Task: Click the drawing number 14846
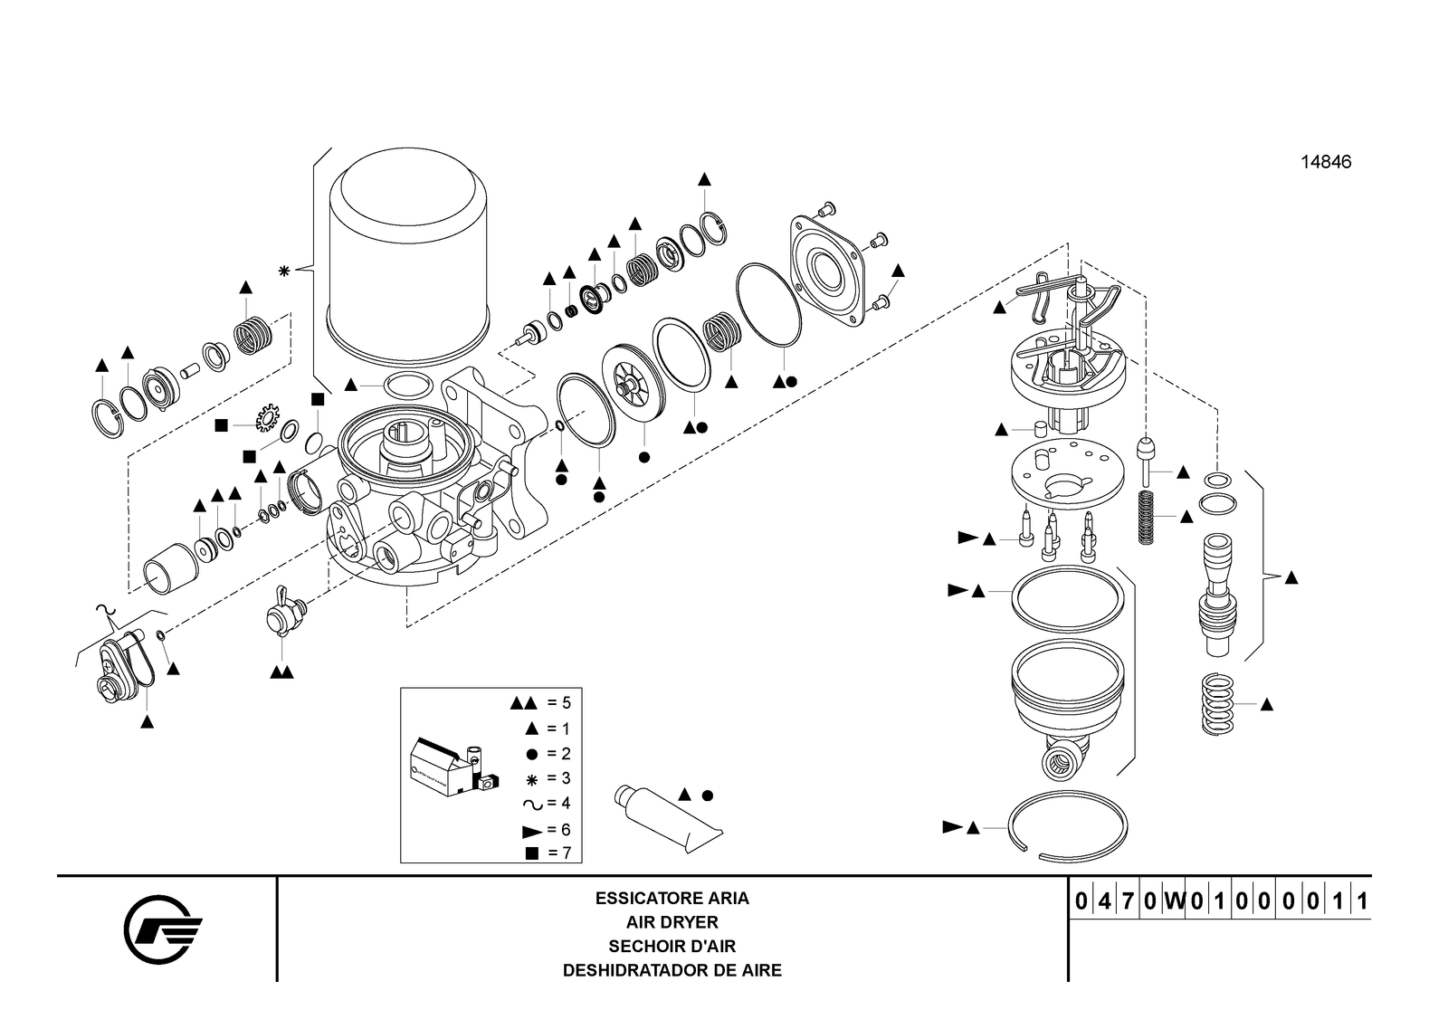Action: (x=1325, y=163)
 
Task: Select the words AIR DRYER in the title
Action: (x=672, y=922)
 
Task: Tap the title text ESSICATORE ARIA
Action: (x=672, y=899)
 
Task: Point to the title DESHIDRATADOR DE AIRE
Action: (x=672, y=970)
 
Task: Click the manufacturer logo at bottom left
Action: (x=163, y=928)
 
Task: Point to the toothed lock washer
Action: (x=267, y=419)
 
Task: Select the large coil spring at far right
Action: (x=1218, y=703)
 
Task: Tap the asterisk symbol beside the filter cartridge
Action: (x=284, y=271)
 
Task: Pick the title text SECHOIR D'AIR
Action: (x=672, y=947)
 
